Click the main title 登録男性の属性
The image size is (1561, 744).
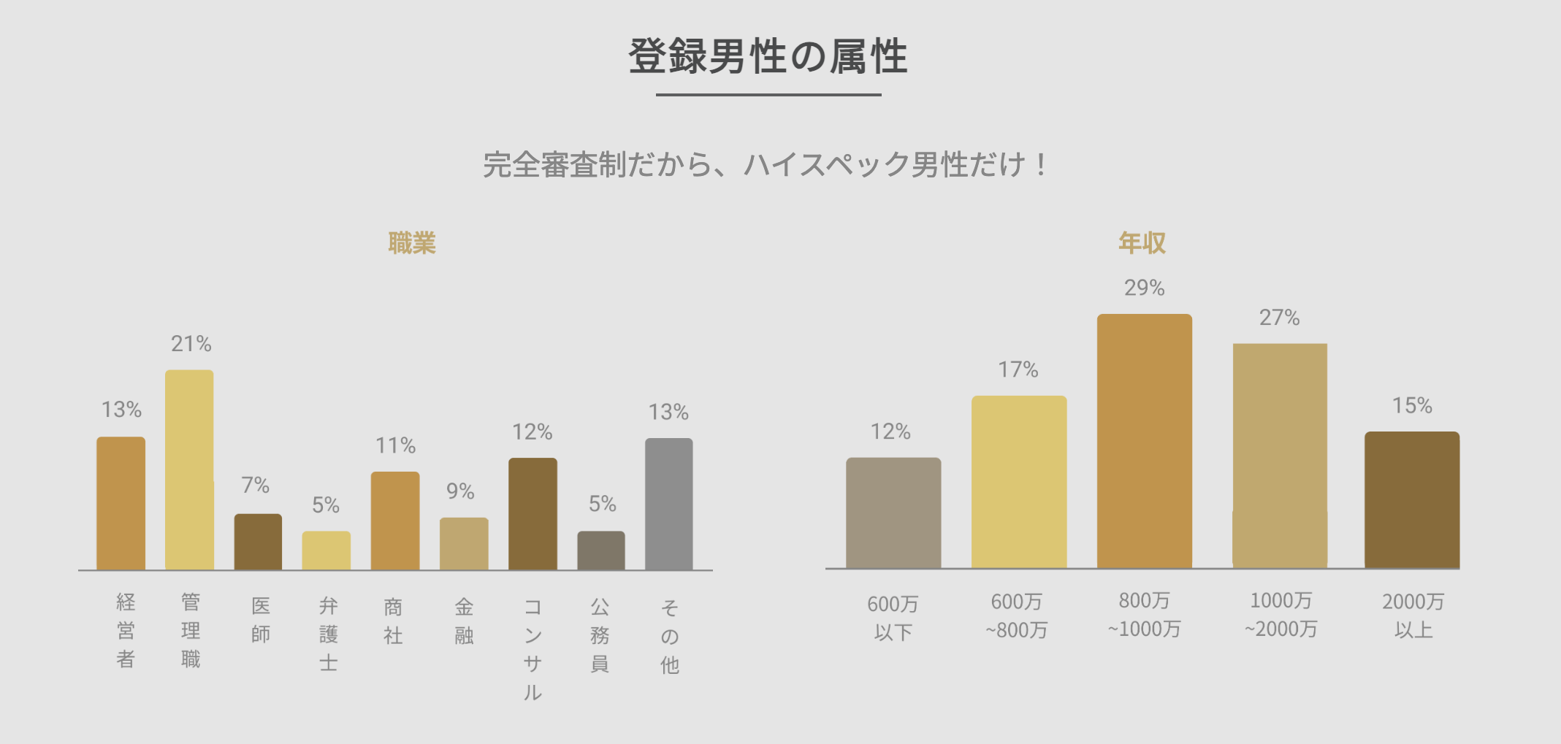768,56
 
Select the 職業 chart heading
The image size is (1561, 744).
412,243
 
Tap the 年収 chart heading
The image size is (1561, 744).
1142,243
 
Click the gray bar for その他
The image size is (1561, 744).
668,504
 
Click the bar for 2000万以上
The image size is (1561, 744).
1411,499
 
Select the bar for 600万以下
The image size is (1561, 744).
893,513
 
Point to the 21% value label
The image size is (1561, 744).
191,344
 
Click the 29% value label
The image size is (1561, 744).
1144,288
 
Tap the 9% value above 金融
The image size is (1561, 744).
460,491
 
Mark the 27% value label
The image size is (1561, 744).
1279,318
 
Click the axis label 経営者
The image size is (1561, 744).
126,630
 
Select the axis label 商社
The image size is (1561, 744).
393,621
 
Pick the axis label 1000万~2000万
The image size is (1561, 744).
1281,615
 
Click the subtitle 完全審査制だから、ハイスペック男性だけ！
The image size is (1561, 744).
765,165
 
